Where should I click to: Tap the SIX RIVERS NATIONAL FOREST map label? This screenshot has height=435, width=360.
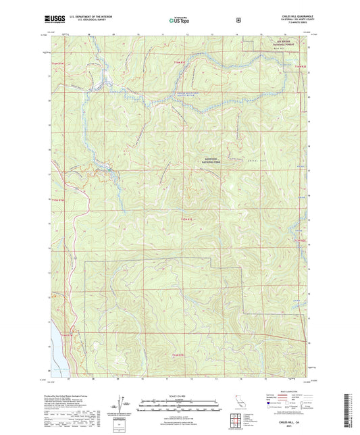272,43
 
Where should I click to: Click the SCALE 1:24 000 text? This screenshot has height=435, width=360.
178,395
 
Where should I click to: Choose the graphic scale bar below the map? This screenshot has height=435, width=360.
178,405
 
